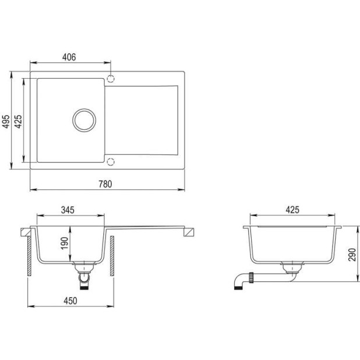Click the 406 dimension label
69,57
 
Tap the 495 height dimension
6,121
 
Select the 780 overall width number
105,184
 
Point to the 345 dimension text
68,210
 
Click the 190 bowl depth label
65,243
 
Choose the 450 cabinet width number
70,301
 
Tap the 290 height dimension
352,255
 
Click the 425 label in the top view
18,121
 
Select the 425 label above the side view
292,210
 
